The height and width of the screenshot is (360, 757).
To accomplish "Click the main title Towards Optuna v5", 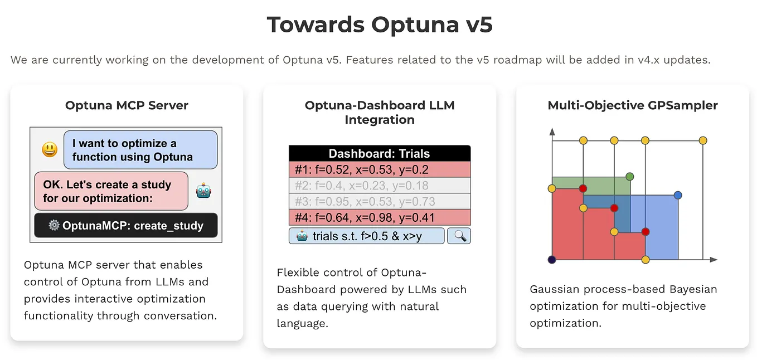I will pyautogui.click(x=379, y=25).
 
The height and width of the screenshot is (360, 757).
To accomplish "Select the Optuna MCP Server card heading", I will pyautogui.click(x=127, y=105).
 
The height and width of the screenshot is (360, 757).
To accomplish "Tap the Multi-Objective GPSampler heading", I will pyautogui.click(x=633, y=105).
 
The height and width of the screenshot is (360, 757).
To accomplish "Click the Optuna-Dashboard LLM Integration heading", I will pyautogui.click(x=380, y=113).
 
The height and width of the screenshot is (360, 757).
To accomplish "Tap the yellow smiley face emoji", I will pyautogui.click(x=50, y=149).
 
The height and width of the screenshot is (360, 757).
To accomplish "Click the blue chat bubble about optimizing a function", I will pyautogui.click(x=140, y=150).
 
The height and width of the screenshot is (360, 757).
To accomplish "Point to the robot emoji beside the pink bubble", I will pyautogui.click(x=203, y=191).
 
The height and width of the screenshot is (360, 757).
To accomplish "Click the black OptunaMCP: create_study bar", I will pyautogui.click(x=126, y=226).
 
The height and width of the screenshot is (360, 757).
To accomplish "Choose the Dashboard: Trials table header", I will pyautogui.click(x=380, y=153).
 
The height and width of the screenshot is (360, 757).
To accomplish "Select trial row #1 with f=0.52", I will pyautogui.click(x=380, y=169).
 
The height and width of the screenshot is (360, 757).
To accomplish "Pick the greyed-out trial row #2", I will pyautogui.click(x=380, y=186).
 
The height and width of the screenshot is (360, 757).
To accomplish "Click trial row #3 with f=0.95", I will pyautogui.click(x=380, y=201).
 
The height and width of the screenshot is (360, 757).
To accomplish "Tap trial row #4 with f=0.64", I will pyautogui.click(x=380, y=217).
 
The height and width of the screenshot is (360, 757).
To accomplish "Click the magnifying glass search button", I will pyautogui.click(x=459, y=236).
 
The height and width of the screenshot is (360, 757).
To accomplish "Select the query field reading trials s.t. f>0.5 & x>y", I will pyautogui.click(x=367, y=236).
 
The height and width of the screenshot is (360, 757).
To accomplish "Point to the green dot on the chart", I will pyautogui.click(x=630, y=177).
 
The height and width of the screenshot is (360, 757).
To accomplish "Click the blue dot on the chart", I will pyautogui.click(x=678, y=195).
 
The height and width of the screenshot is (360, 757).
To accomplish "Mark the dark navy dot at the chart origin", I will pyautogui.click(x=552, y=260).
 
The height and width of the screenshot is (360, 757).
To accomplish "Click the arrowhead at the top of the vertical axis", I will pyautogui.click(x=552, y=132).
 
